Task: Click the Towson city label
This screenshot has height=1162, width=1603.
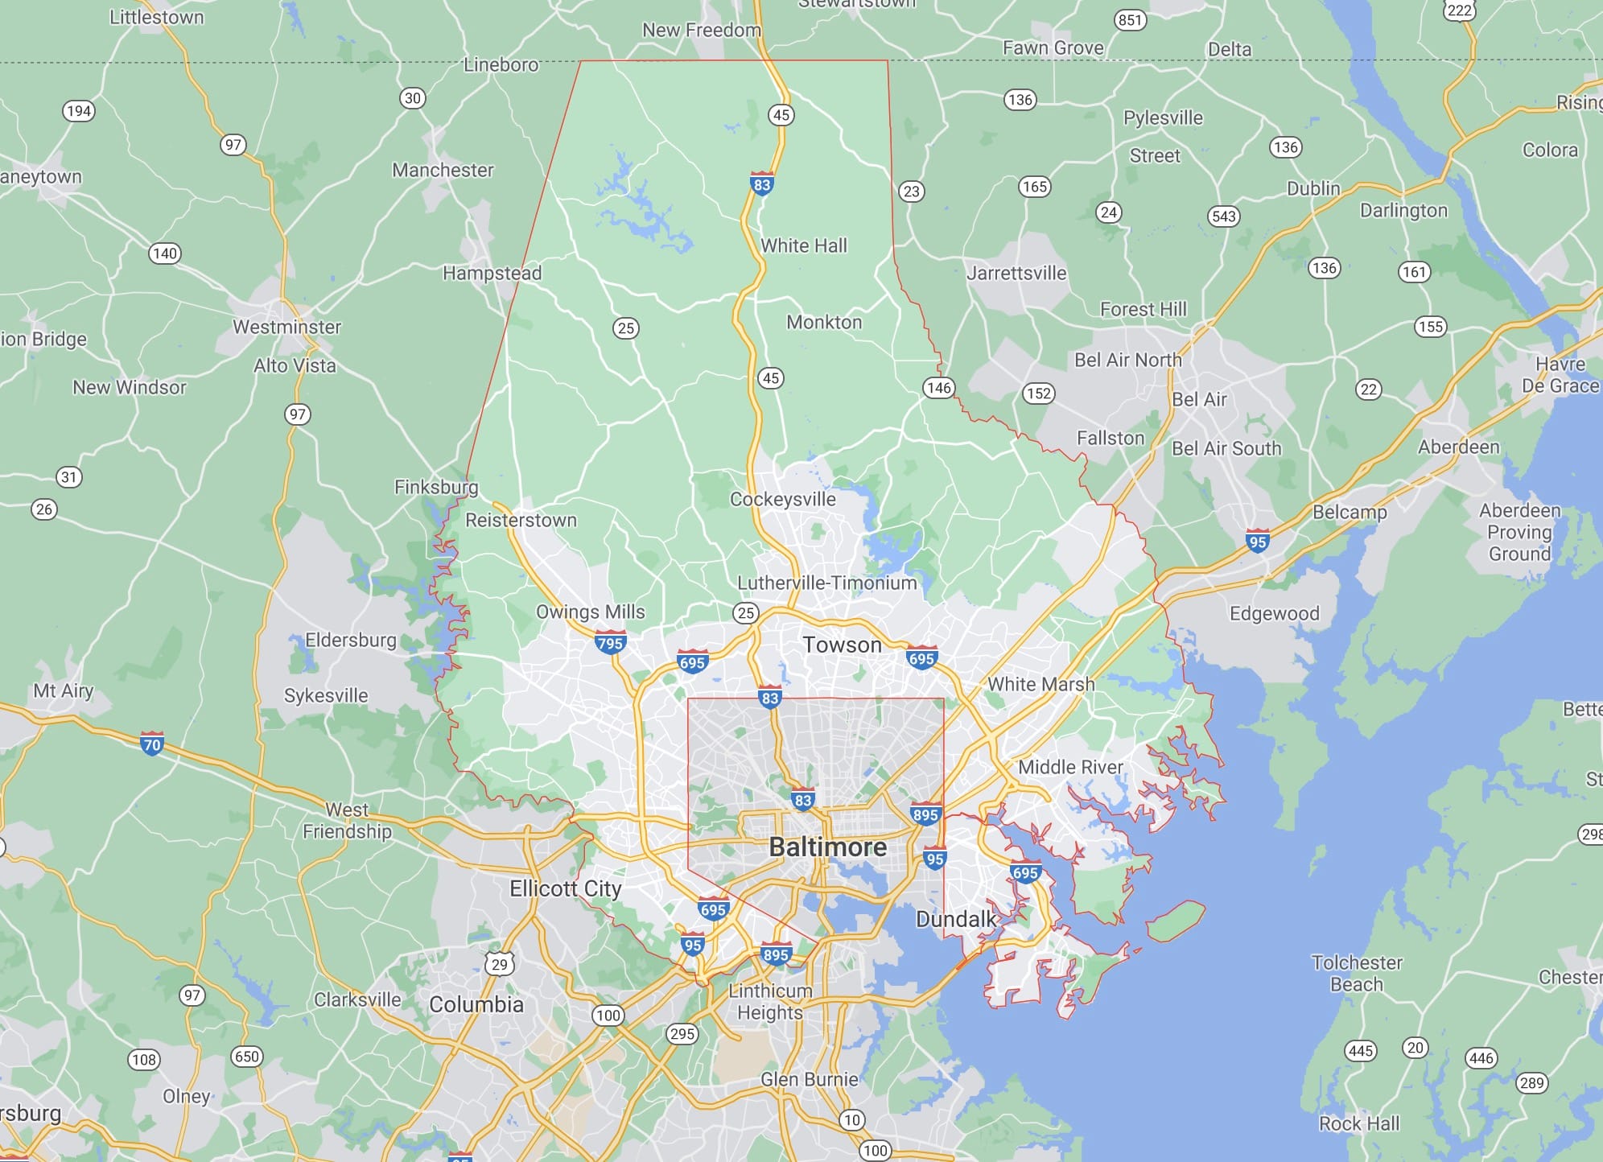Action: tap(842, 645)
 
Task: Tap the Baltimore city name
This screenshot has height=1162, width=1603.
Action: tap(827, 847)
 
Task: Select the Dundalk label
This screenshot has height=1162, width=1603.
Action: tap(956, 919)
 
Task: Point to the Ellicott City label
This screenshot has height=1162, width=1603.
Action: tap(565, 888)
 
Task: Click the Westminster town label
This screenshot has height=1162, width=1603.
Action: tap(286, 327)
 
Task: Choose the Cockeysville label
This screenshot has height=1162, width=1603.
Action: tap(782, 499)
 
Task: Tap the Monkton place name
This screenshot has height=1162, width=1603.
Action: tap(823, 322)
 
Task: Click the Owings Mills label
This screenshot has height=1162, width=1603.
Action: tap(590, 612)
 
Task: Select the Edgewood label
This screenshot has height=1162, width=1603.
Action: tap(1274, 613)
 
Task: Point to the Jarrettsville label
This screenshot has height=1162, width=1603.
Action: tap(1016, 273)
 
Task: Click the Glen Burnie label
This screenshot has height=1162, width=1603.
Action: tap(809, 1079)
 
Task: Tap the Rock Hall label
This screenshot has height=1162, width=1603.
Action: tap(1358, 1123)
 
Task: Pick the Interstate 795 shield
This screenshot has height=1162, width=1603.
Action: tap(610, 643)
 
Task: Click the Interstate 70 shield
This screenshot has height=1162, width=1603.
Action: tap(151, 744)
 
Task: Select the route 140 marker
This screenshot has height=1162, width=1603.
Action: tap(165, 253)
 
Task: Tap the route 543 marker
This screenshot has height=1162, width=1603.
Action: tap(1223, 216)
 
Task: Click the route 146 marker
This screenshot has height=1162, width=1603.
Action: tap(938, 388)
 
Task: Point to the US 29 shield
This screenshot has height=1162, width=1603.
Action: tap(500, 963)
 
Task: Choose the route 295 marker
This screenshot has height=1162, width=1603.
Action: tap(682, 1034)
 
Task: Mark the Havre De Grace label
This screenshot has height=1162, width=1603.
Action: tap(1560, 375)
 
